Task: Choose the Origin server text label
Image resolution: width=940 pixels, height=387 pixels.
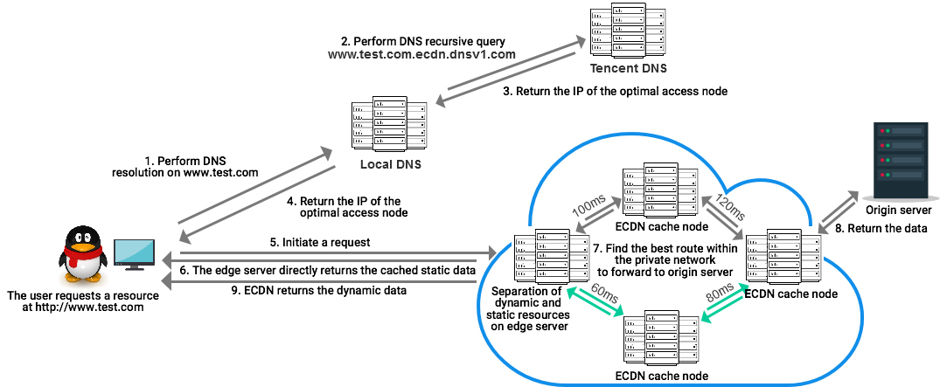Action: pos(898,211)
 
